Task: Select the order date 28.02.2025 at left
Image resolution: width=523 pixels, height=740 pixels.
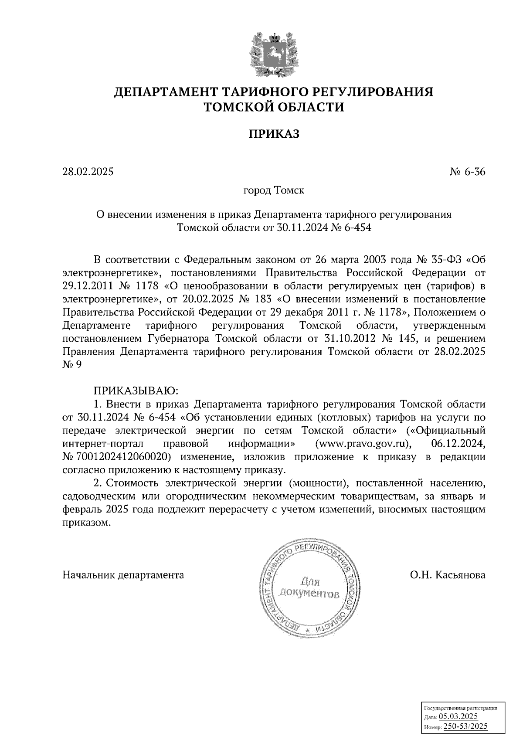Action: (88, 172)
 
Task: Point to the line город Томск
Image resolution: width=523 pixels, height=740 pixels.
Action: (274, 191)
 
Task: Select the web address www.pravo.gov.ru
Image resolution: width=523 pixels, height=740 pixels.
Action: (361, 444)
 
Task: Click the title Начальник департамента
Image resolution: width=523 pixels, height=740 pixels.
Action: (123, 575)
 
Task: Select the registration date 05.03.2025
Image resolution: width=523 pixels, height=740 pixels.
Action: (458, 716)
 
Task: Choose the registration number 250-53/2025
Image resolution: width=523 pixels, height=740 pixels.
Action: (465, 726)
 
